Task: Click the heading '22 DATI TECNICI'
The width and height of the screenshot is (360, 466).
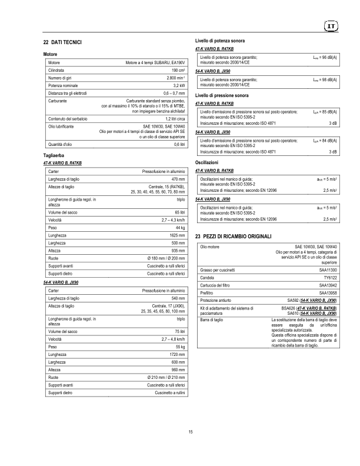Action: click(x=66, y=43)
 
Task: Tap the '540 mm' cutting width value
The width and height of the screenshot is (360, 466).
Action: click(x=178, y=298)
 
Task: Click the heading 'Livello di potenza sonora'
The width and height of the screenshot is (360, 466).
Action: click(x=220, y=40)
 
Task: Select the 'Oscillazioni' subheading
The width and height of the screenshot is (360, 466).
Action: click(x=206, y=161)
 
